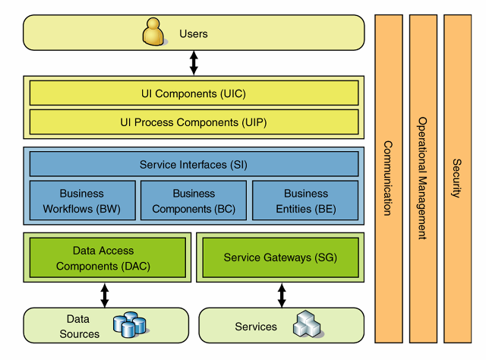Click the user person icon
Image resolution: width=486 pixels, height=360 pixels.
pos(153,33)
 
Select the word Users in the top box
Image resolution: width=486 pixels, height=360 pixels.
pos(194,33)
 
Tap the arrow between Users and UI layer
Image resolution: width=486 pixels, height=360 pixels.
pos(194,62)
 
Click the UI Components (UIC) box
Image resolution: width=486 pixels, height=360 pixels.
pos(194,93)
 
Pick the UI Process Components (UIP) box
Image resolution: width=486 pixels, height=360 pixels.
pos(194,122)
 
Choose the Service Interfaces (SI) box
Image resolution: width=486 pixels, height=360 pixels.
pos(194,164)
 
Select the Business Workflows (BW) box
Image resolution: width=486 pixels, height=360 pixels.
pos(82,201)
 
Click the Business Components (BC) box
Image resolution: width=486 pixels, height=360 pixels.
pos(194,201)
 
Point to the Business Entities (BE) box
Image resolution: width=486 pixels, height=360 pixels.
pos(305,201)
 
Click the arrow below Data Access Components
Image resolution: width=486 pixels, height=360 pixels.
pos(105,295)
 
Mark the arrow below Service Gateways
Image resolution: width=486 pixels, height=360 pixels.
pos(282,295)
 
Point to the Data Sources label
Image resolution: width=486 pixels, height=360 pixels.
pos(79,327)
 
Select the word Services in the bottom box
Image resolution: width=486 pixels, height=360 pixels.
pos(256,327)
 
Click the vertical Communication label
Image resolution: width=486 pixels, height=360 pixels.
pos(387,178)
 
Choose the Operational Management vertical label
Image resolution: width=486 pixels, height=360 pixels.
pos(423,178)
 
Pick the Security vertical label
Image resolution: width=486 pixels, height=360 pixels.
pos(457,178)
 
